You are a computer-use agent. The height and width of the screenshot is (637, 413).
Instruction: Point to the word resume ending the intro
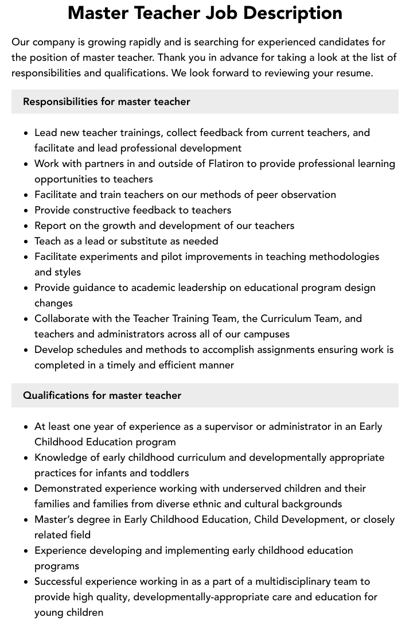tap(353, 73)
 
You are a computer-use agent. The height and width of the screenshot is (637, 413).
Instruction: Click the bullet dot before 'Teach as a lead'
tap(26, 241)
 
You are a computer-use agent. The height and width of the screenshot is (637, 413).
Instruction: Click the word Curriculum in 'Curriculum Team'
tap(287, 318)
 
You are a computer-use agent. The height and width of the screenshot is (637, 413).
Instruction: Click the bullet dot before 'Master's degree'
tap(26, 519)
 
